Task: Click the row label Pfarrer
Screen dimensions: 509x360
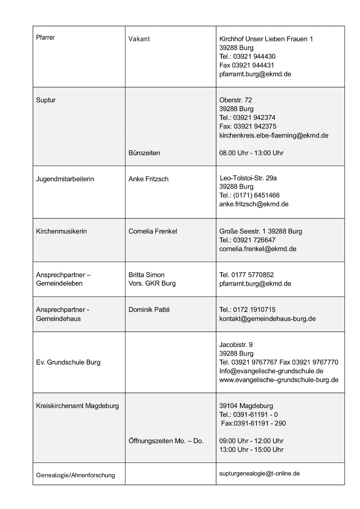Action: coord(45,38)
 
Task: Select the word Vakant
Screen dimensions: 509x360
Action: coord(139,39)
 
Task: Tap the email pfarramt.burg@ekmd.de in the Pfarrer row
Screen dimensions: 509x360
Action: coord(255,74)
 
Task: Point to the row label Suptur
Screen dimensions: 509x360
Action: coord(46,100)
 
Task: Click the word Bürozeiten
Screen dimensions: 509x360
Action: coord(144,153)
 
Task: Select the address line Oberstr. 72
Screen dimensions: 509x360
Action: coord(236,100)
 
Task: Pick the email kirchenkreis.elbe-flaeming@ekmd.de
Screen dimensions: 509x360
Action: coord(274,135)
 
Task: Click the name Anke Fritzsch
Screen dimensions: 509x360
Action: coord(148,179)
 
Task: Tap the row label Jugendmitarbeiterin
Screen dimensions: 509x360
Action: coord(65,179)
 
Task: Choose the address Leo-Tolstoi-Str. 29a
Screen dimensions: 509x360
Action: coord(248,178)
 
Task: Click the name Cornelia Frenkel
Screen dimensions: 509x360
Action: coord(153,231)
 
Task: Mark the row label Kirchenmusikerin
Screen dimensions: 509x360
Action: coord(61,231)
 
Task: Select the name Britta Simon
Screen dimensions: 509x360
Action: coord(146,275)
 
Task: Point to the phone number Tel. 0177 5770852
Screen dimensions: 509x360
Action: coord(247,275)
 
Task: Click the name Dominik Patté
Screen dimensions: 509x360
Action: coord(149,310)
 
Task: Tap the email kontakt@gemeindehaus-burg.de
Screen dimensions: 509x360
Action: coord(267,319)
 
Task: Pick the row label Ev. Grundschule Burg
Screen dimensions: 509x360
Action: coord(68,362)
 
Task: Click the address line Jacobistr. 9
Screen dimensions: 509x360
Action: coord(236,344)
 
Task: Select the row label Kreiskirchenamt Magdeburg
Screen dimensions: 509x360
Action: coord(77,406)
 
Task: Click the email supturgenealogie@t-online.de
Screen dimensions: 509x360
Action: coord(259,473)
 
